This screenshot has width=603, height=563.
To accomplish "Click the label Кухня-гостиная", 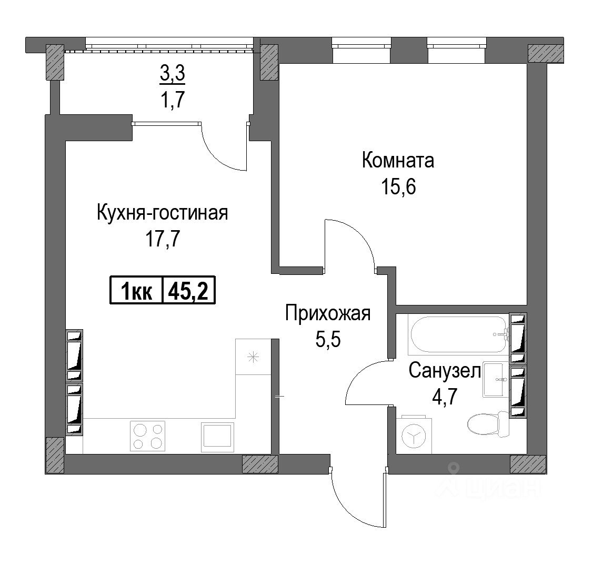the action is click(162, 213).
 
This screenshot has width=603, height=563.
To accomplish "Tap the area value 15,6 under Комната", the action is click(398, 187).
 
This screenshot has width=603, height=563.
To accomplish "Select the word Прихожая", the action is click(328, 314).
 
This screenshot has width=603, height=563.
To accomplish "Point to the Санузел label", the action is click(445, 371).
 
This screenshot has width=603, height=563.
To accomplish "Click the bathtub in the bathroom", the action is click(459, 334).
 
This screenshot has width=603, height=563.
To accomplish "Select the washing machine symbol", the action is click(414, 435).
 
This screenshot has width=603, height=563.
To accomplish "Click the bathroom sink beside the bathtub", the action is click(494, 379).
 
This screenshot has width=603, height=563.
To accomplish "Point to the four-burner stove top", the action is click(148, 436).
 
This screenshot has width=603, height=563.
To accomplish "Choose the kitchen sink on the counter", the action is click(218, 437).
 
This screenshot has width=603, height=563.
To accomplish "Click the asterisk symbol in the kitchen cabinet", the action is click(253, 358).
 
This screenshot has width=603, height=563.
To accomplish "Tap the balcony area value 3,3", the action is click(173, 74).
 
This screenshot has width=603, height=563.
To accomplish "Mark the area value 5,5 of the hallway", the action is click(328, 340).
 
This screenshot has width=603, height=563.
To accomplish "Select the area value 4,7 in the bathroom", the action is click(445, 398).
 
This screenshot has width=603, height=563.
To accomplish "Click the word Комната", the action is click(398, 160).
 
